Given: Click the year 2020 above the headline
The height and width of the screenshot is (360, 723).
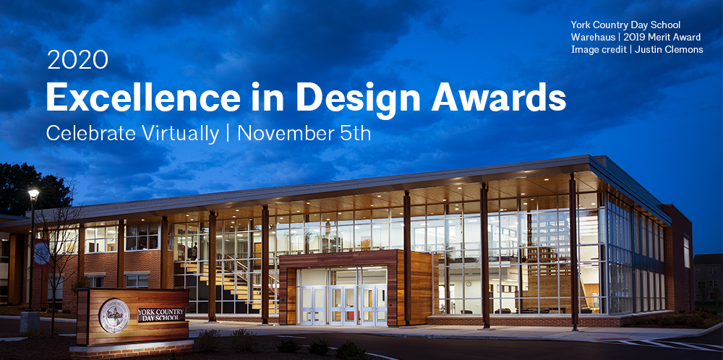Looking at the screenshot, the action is click(77, 60).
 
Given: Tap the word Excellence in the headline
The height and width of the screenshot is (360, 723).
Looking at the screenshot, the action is click(143, 98).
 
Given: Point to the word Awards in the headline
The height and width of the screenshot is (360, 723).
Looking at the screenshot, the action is click(498, 98).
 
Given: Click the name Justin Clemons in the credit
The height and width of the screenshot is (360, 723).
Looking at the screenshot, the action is click(669, 49).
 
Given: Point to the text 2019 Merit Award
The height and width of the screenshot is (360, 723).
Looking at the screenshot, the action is click(662, 37).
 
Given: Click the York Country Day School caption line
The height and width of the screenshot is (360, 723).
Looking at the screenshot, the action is click(625, 25).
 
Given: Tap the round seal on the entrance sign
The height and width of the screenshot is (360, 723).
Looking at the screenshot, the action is click(114, 316).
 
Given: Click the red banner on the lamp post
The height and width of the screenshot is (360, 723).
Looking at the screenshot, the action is click(41, 253).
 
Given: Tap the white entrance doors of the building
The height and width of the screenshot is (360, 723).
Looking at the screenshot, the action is click(343, 306).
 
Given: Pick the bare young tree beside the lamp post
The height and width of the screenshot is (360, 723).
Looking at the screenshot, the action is click(58, 258).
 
